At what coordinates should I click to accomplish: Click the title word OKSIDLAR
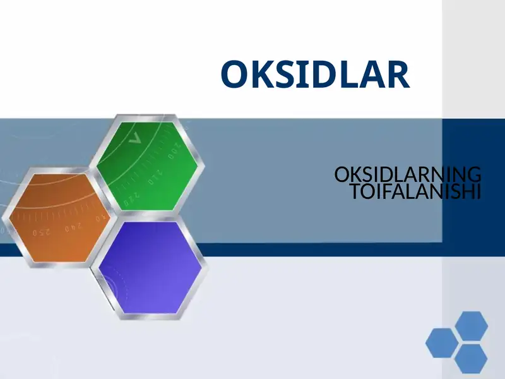click(x=315, y=75)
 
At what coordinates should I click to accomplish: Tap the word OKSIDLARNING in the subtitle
click(x=407, y=174)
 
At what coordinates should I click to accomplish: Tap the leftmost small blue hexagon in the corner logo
click(x=441, y=342)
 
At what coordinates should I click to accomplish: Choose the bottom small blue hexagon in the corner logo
click(x=471, y=358)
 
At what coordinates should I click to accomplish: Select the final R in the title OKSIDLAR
click(x=397, y=75)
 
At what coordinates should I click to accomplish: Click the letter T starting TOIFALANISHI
click(x=355, y=191)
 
